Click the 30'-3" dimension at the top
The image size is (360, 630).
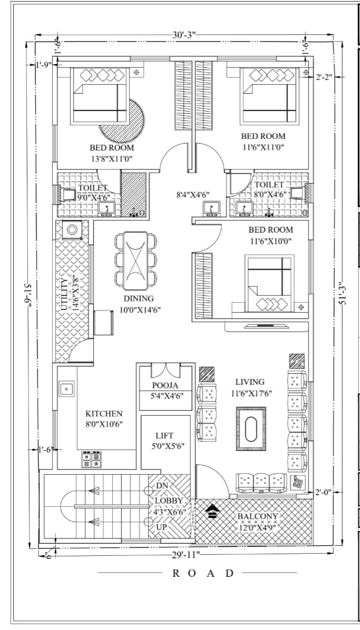(x=184, y=35)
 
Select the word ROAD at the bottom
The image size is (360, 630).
(x=203, y=573)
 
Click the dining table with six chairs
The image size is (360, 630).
(x=135, y=261)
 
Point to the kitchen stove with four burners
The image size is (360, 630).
(x=91, y=459)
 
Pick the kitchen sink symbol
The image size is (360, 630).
(x=67, y=388)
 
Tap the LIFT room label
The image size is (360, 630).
(x=165, y=436)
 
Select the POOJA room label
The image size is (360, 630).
(x=165, y=386)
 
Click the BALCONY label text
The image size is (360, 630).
(x=257, y=516)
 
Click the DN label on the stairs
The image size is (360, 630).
(x=162, y=486)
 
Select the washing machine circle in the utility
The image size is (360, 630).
(x=72, y=230)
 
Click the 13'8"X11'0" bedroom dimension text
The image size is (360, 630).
(x=111, y=159)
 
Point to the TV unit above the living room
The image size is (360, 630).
(x=266, y=326)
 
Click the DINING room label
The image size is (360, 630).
(x=138, y=298)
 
